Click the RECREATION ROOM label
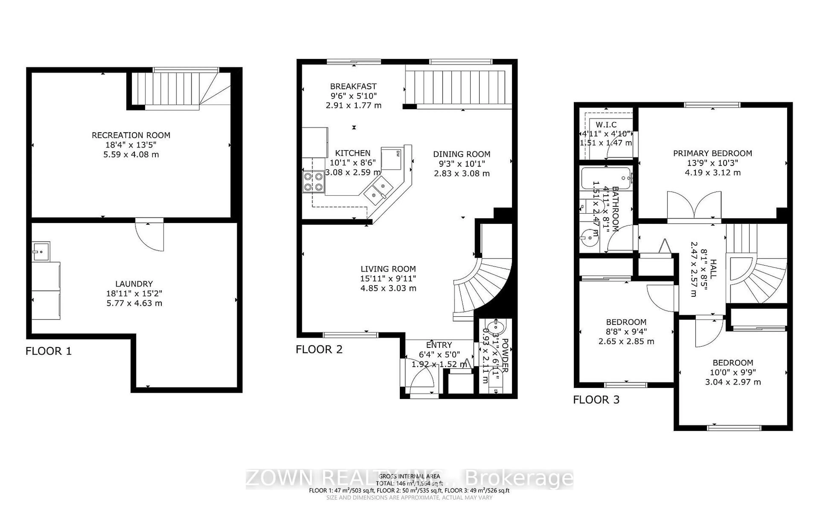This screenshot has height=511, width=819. [x=131, y=135]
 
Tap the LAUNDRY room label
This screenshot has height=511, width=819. [x=134, y=284]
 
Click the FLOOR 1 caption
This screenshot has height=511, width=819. [x=49, y=351]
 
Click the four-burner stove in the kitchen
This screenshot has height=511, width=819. [x=313, y=182]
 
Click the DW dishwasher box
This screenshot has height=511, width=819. [x=392, y=158]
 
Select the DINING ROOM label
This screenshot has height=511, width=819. [x=462, y=154]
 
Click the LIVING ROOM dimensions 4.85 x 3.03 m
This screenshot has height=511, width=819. [x=388, y=288]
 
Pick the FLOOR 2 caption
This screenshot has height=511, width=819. [x=319, y=349]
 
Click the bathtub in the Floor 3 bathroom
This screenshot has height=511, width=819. [x=606, y=178]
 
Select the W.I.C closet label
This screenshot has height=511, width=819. [x=606, y=125]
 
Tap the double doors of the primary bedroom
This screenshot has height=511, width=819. [x=694, y=206]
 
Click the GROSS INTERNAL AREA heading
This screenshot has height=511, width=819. [x=409, y=476]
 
